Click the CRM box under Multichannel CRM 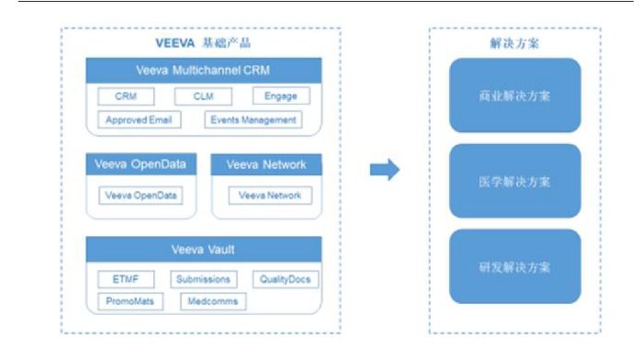(126, 96)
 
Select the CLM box (204, 96)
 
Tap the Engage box (280, 96)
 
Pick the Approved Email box (139, 119)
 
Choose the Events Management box (253, 119)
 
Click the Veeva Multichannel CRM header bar (204, 71)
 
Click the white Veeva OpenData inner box (141, 195)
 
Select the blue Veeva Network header (266, 165)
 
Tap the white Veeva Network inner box (270, 195)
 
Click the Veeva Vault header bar (204, 250)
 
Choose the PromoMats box (129, 301)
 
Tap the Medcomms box (212, 301)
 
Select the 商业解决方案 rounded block (514, 96)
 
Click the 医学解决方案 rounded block (514, 181)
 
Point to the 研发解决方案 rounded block (514, 266)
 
